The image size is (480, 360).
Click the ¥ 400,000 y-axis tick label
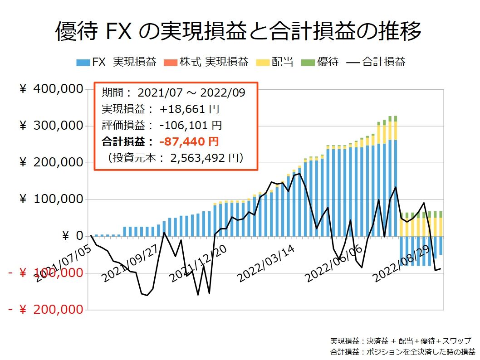(x=52, y=89)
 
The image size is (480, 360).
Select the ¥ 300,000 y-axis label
(x=52, y=126)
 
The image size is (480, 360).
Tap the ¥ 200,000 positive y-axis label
(x=52, y=162)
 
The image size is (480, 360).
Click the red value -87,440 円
(x=189, y=141)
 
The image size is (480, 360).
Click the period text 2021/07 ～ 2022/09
(x=191, y=93)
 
